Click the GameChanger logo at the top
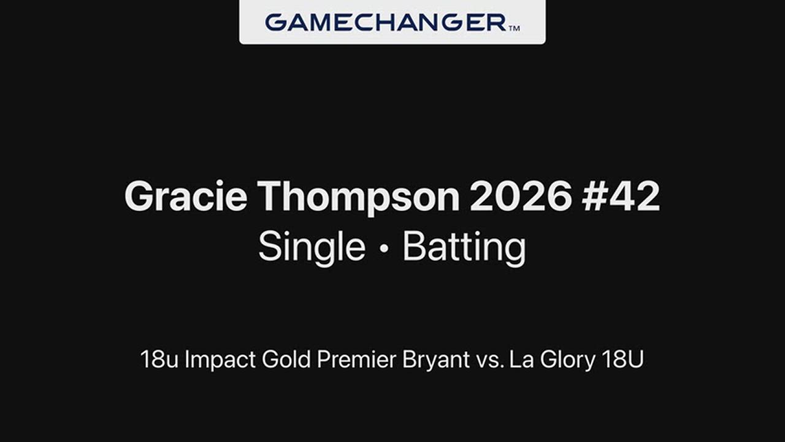392,23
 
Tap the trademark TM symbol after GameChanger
514,28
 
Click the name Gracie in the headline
186,196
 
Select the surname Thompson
360,197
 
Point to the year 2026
521,196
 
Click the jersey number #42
621,196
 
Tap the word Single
312,247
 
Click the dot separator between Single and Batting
384,249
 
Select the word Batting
464,247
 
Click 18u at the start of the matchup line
159,359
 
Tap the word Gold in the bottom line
286,359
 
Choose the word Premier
356,359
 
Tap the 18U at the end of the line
623,359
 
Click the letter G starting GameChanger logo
277,23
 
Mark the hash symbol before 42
595,196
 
